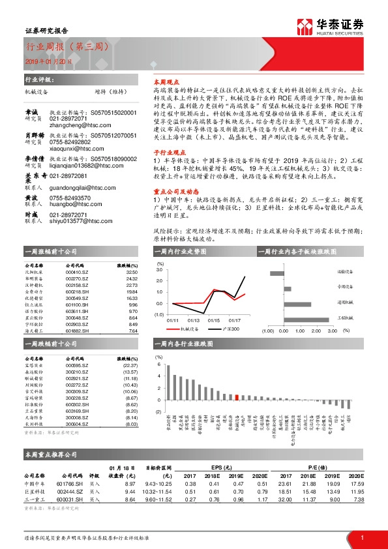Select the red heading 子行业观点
click(167, 151)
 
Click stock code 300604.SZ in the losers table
click(77, 424)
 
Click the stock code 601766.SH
click(70, 483)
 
